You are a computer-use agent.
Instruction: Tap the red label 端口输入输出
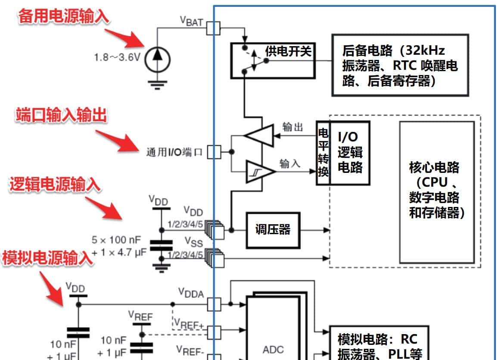[61, 116]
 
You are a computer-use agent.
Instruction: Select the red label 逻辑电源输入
[55, 184]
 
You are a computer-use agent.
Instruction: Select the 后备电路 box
[399, 65]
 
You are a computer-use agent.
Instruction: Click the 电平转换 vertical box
[323, 153]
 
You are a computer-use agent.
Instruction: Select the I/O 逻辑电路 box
[350, 153]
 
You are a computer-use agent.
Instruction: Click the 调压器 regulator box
[272, 230]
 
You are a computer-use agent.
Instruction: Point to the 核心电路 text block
[436, 190]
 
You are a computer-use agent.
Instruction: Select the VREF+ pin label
[189, 323]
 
